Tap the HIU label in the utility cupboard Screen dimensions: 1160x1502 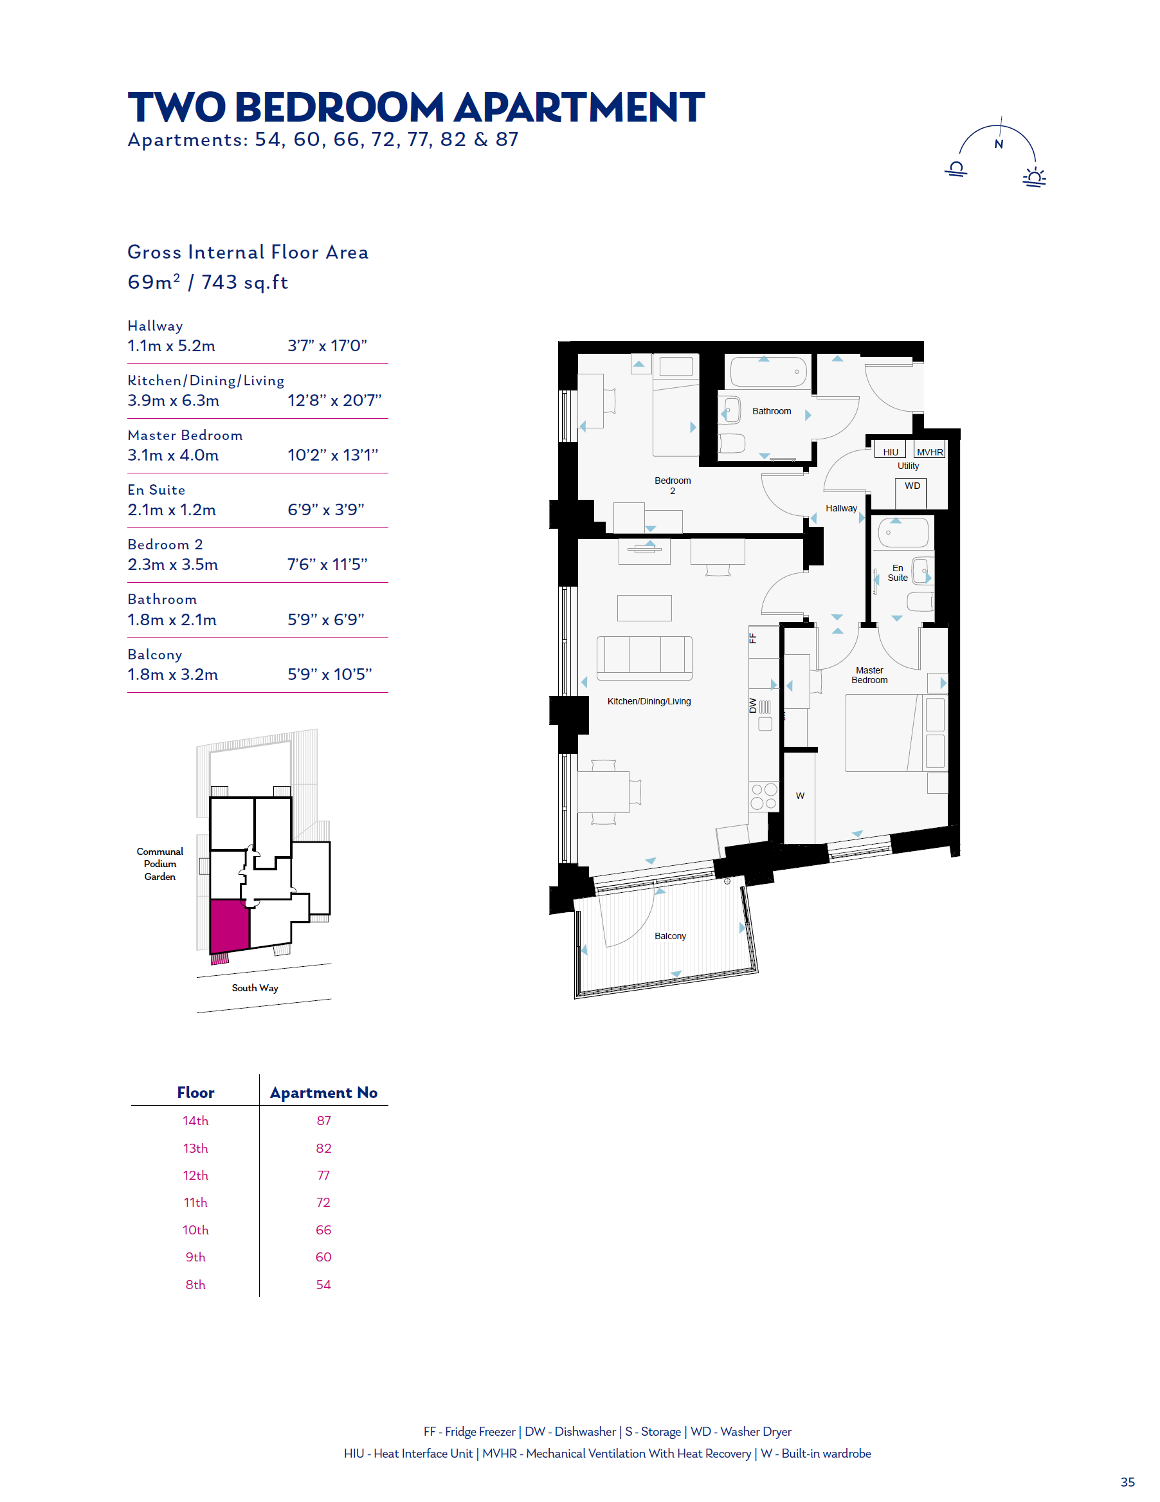tap(891, 452)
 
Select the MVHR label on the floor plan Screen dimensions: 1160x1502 tap(930, 452)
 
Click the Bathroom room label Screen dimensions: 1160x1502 tap(772, 411)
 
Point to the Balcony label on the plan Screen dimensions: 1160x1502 tap(671, 936)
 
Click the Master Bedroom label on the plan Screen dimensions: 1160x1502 tap(870, 675)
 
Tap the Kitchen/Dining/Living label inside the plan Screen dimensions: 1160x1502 tap(649, 702)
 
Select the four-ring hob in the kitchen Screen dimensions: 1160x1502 tap(764, 796)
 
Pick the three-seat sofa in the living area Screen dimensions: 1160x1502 tap(644, 658)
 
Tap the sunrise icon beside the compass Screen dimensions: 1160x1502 tap(1034, 177)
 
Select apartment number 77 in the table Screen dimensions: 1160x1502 tap(323, 1175)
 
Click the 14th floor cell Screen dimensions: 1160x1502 tap(195, 1121)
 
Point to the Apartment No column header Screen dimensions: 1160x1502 tap(324, 1093)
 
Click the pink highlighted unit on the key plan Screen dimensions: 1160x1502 tap(229, 926)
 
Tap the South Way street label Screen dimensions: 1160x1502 tap(255, 988)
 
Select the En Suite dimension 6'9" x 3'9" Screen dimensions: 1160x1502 tap(326, 509)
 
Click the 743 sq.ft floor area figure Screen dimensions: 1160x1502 tap(245, 282)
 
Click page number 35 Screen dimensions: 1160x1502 tap(1128, 1482)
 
